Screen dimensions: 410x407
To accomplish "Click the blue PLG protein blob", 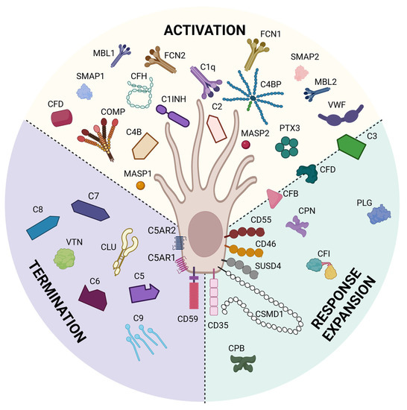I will (x=379, y=215).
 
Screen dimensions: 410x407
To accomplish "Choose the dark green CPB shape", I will (x=242, y=362).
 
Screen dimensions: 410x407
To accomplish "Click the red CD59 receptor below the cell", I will (x=195, y=296).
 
